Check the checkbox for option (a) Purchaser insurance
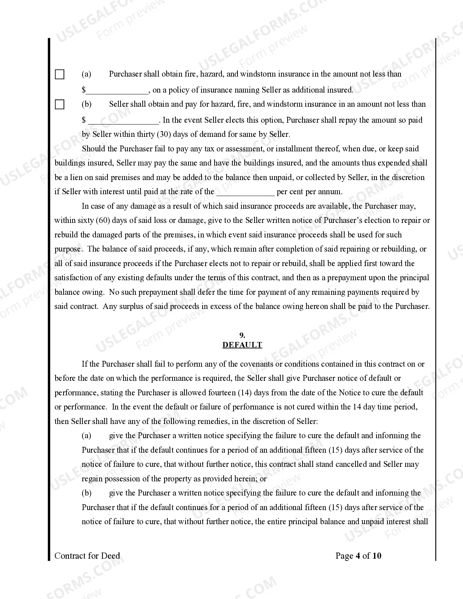click(60, 74)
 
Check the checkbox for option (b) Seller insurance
click(60, 105)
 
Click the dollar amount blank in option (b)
click(123, 120)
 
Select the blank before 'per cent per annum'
click(245, 192)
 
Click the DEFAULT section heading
click(242, 345)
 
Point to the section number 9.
click(242, 335)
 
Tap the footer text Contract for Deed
click(87, 556)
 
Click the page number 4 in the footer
click(358, 556)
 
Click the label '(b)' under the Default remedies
click(86, 493)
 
